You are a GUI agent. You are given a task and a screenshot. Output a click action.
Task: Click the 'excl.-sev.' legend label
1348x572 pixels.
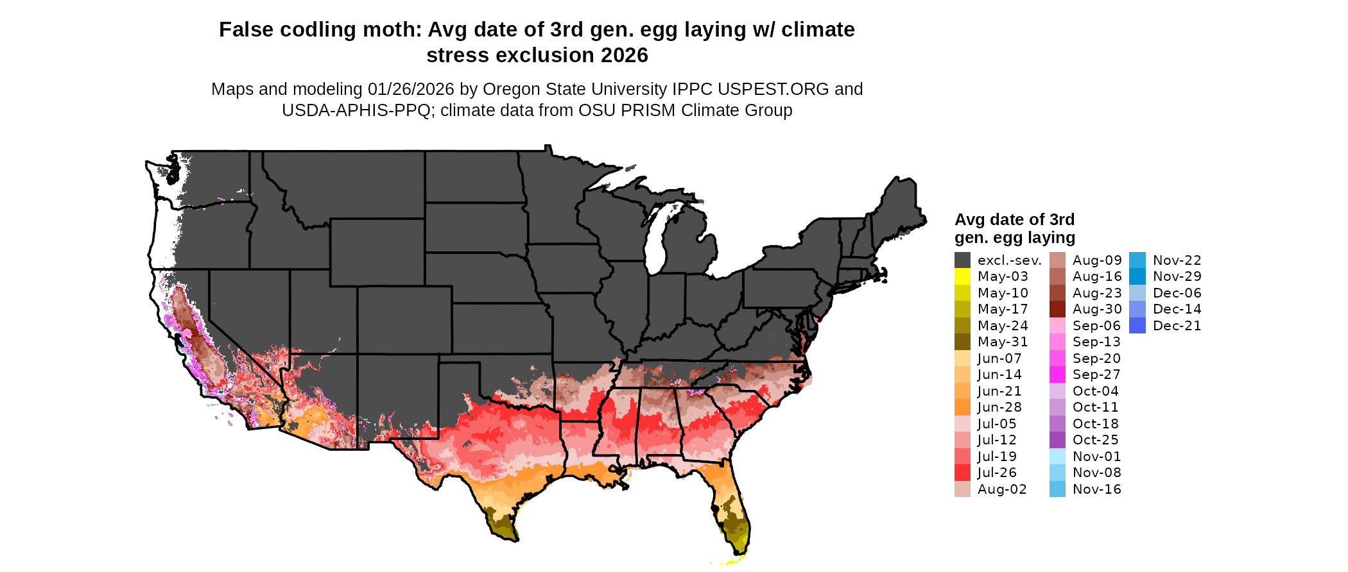tap(1009, 260)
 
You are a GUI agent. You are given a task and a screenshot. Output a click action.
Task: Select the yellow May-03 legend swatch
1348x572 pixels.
tap(962, 276)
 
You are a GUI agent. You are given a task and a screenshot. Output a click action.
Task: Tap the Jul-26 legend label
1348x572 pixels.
tap(997, 473)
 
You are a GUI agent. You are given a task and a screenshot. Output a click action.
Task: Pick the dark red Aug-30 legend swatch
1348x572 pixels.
tap(1057, 309)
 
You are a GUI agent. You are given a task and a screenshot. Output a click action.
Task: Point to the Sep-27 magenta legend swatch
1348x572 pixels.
tap(1057, 374)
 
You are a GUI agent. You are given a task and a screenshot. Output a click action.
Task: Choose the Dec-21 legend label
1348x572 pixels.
tap(1177, 326)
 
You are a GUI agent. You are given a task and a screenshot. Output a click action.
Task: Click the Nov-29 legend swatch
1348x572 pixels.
tap(1137, 276)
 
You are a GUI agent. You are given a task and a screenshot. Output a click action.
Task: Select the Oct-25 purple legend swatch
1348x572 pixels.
tap(1057, 440)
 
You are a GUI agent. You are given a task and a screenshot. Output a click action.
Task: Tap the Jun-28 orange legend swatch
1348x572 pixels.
tap(962, 407)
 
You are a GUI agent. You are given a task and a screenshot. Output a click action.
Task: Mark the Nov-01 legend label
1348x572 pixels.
tap(1096, 457)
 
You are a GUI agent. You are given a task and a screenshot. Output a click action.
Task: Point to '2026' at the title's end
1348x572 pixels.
tap(625, 56)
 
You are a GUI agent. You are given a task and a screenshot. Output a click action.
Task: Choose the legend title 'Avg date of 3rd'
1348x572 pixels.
tap(1014, 220)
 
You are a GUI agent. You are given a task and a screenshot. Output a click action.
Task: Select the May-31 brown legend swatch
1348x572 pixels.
tap(962, 342)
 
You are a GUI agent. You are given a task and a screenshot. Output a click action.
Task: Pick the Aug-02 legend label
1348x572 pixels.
tap(1002, 489)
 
